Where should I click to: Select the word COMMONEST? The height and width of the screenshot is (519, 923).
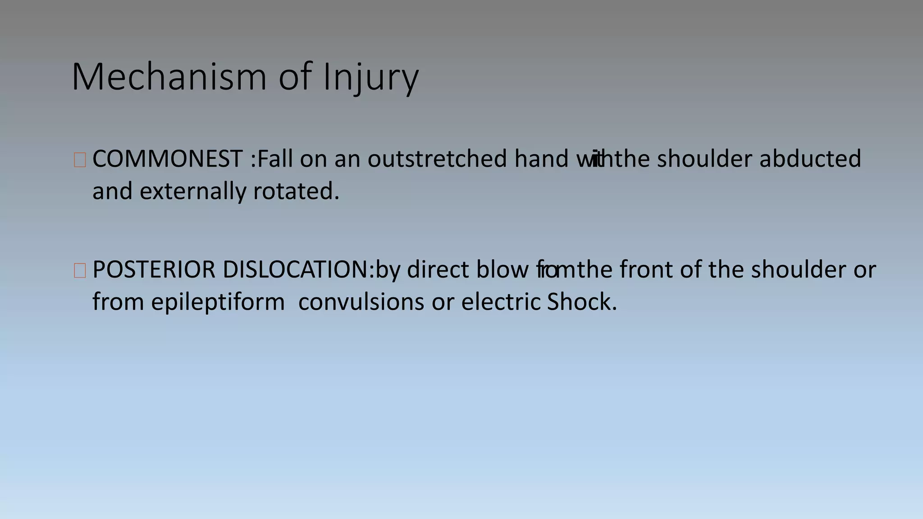pos(167,159)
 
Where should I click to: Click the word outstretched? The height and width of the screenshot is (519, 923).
pos(437,159)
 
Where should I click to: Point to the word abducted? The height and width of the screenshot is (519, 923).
pos(810,159)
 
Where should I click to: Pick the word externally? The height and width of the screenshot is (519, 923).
pos(192,191)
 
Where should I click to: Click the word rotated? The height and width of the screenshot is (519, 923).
pos(296,191)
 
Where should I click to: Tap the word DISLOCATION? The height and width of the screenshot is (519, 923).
pos(296,270)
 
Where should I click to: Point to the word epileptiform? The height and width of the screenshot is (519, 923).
pos(218,302)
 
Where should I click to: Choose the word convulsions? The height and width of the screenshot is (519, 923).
pos(361,302)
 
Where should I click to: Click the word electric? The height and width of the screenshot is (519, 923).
pos(500,302)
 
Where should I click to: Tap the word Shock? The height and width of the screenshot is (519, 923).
pos(581,302)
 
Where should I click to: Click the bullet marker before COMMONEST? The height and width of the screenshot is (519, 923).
pos(80,160)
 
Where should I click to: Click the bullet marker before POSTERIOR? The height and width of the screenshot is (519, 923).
pos(80,271)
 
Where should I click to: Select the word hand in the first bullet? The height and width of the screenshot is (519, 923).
pos(541,159)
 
